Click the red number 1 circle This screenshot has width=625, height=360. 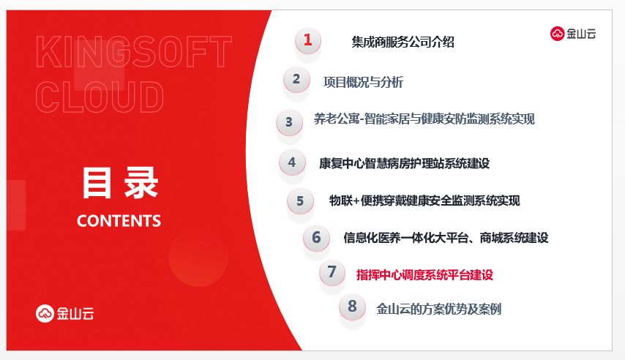tap(307, 40)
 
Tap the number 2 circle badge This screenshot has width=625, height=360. tap(296, 79)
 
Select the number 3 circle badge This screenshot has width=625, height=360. tap(289, 122)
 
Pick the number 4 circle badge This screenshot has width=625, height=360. tap(292, 162)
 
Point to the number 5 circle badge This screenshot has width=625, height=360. tap(300, 201)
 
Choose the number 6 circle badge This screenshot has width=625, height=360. tap(316, 238)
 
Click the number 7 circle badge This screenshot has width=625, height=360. tap(332, 272)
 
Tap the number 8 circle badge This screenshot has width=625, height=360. tap(352, 307)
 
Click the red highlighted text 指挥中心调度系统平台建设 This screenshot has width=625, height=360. tap(424, 274)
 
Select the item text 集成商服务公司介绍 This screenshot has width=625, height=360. tap(403, 42)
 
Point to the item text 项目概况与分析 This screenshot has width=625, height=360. tap(363, 82)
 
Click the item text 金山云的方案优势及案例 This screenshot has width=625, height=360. tap(439, 309)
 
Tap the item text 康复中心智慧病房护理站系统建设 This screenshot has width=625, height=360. tap(404, 163)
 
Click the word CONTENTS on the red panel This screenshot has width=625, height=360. tap(119, 221)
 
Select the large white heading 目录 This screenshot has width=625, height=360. tap(120, 183)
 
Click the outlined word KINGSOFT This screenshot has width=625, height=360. tap(134, 51)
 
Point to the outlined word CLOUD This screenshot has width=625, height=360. tap(100, 97)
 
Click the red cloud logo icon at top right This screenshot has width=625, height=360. tap(557, 34)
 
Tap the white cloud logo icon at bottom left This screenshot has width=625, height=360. tap(45, 313)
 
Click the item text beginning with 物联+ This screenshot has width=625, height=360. tap(424, 200)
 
